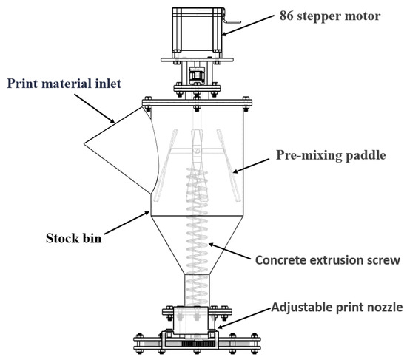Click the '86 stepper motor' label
(x=329, y=16)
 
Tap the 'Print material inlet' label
(x=64, y=84)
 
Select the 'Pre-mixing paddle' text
(x=331, y=155)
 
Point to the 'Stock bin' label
(x=73, y=238)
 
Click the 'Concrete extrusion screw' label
(x=328, y=260)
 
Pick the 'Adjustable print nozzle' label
(x=337, y=307)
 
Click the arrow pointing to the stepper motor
(x=248, y=25)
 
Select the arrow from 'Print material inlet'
(x=94, y=109)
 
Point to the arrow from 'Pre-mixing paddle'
(x=251, y=166)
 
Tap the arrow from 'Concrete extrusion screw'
(x=229, y=251)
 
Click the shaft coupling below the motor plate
(x=197, y=75)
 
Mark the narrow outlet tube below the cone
(x=197, y=291)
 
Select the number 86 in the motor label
(x=286, y=16)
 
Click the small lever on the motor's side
(x=232, y=21)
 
